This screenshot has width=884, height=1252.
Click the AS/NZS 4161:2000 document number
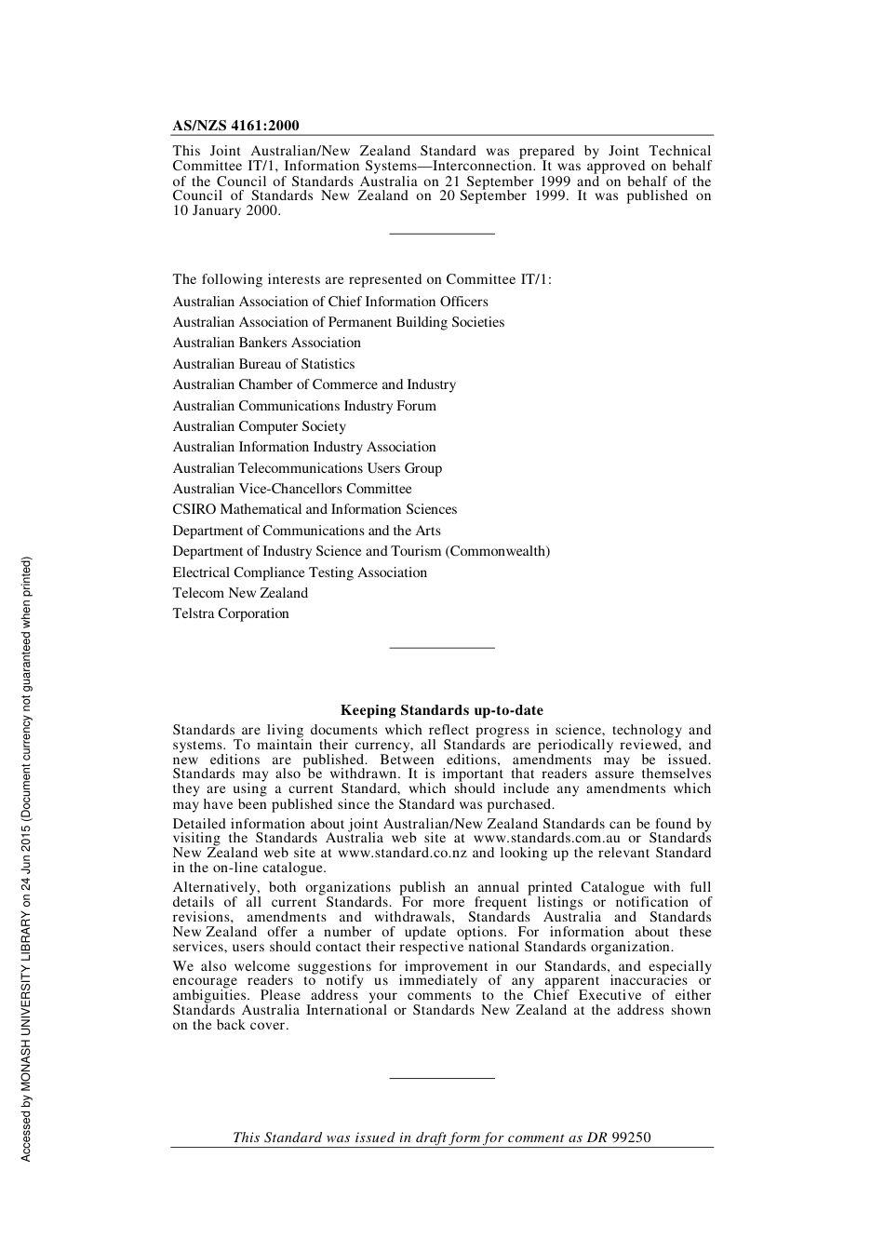(x=235, y=126)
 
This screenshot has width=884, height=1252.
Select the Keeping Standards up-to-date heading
(x=441, y=710)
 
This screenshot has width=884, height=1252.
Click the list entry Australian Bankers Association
(x=266, y=343)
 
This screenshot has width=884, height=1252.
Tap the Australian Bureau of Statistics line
(x=263, y=364)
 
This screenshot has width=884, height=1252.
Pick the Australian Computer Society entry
(x=259, y=426)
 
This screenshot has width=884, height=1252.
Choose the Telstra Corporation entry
(x=231, y=613)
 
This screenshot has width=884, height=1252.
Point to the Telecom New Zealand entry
(x=240, y=593)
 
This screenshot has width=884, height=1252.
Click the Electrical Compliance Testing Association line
(x=300, y=572)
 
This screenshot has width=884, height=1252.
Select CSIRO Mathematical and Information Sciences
(x=315, y=509)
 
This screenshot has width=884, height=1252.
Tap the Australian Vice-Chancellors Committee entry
(x=291, y=489)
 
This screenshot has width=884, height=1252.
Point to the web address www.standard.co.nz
(x=403, y=853)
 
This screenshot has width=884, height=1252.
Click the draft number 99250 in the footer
(x=632, y=1138)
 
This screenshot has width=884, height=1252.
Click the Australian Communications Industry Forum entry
(x=304, y=406)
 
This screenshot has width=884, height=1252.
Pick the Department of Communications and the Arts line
(x=306, y=531)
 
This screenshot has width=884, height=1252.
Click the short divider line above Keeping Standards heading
(x=441, y=647)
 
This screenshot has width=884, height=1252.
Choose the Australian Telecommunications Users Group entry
(x=307, y=468)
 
